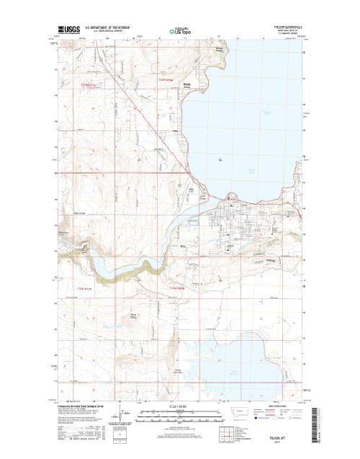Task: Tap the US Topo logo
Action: pyautogui.click(x=181, y=32)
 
